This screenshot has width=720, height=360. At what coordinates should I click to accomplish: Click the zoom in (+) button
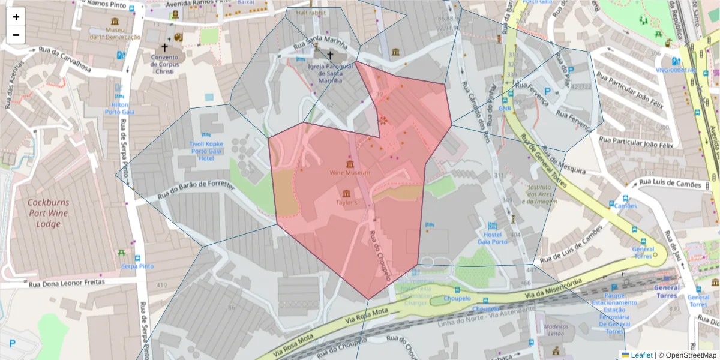tap(16, 17)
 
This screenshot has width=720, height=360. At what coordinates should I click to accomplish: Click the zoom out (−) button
tap(16, 35)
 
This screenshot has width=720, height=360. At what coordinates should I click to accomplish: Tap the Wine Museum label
tap(349, 173)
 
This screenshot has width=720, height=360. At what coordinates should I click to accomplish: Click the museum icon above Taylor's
tap(346, 193)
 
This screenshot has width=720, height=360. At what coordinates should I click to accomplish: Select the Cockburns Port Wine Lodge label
tap(48, 214)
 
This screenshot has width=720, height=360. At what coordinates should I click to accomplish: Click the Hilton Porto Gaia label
tap(119, 108)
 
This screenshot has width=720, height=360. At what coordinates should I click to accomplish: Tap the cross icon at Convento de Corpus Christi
tap(164, 47)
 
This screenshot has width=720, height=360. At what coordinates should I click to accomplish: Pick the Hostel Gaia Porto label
tap(491, 238)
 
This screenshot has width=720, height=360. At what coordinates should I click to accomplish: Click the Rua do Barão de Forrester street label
tap(196, 190)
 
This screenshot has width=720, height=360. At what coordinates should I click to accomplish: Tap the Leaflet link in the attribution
tap(641, 355)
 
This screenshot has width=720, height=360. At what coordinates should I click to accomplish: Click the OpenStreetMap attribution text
tap(688, 355)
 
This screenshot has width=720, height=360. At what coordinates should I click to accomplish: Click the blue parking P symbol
tap(12, 344)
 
